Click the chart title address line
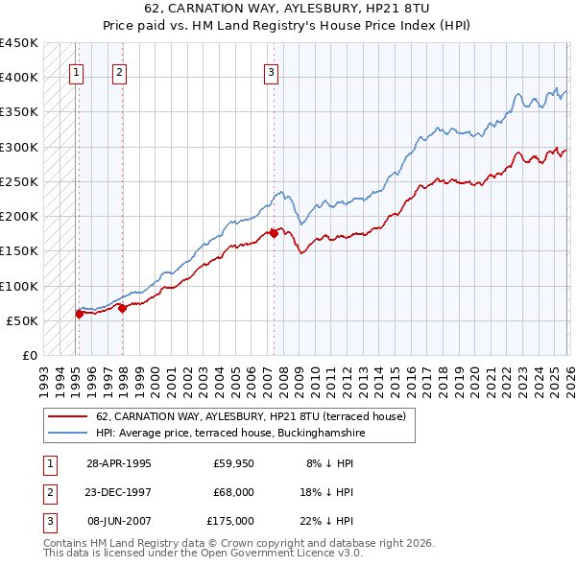pos(287,11)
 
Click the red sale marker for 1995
pos(79,313)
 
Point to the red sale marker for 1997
pos(122,308)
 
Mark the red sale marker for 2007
pos(274,232)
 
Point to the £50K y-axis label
pos(22,320)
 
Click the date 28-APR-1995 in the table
pos(118,462)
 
